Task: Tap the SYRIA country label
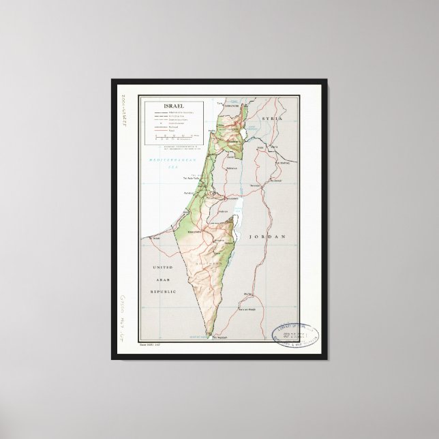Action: tap(273, 118)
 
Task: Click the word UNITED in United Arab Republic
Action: tap(163, 268)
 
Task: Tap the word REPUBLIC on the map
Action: tap(163, 291)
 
